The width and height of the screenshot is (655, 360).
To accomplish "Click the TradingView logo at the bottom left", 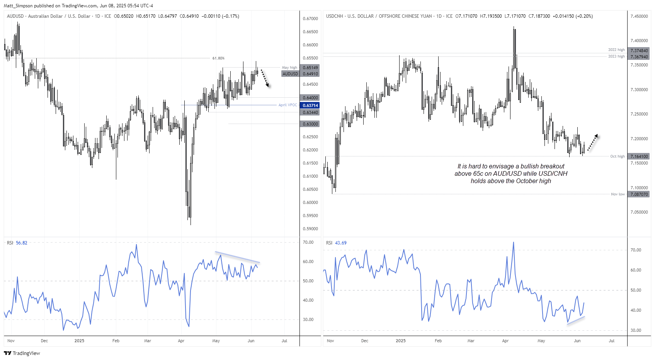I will click(22, 353).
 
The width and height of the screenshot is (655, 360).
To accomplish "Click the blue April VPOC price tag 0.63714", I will click(310, 105).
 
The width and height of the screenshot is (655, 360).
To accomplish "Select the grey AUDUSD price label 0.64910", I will click(310, 74).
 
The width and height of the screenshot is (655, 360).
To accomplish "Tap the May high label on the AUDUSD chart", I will click(289, 68).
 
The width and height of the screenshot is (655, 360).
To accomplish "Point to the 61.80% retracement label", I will click(218, 58).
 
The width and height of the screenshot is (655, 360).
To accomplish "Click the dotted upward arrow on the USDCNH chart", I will click(593, 142).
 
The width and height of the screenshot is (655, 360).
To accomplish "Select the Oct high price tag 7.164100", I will click(639, 156).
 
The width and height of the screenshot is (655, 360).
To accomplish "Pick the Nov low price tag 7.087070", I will click(639, 194).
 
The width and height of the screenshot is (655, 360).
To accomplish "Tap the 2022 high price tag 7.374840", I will click(639, 51).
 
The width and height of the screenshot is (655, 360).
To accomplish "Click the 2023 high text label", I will click(616, 56).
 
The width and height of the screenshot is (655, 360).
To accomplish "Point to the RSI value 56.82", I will click(22, 243).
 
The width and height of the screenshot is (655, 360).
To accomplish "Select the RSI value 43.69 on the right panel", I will click(341, 243).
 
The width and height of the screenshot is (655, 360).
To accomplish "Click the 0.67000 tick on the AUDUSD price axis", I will click(310, 19).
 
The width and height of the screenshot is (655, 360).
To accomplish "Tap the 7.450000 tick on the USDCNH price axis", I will click(639, 16).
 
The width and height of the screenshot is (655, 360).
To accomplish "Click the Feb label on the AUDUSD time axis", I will click(116, 341).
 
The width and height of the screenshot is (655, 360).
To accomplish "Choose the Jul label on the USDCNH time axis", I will click(612, 341).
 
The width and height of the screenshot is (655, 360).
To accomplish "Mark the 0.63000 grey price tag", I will click(310, 124).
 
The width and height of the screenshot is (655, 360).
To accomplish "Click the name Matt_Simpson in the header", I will click(18, 6).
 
